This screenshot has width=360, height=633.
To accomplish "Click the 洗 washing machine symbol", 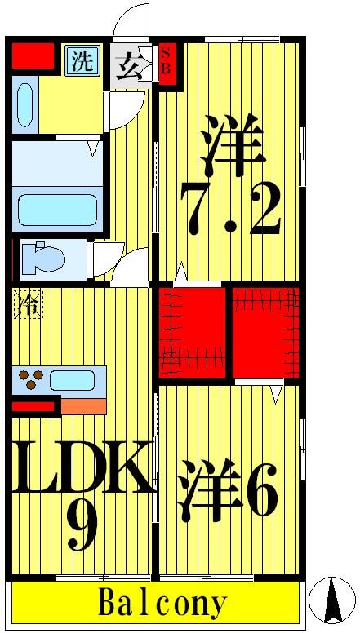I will tap(82, 61).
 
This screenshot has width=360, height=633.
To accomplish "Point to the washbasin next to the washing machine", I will tap(24, 104).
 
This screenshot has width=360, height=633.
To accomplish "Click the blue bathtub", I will tap(57, 209).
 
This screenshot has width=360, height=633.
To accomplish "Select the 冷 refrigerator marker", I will tap(27, 305).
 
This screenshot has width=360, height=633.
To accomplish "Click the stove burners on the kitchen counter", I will tap(33, 379).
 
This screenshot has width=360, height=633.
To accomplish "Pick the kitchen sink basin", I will tap(72, 379).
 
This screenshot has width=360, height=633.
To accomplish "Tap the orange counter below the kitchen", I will tap(83, 405).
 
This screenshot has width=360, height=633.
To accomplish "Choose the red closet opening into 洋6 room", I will tap(265, 332).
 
